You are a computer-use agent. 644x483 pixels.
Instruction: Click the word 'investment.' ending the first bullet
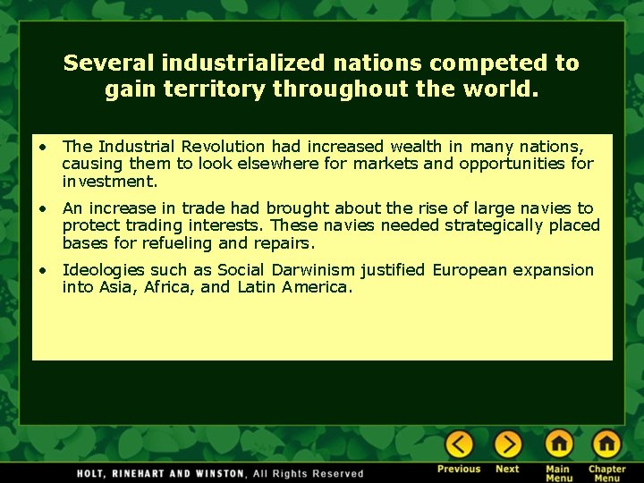110,181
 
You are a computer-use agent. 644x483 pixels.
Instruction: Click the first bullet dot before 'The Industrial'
42,147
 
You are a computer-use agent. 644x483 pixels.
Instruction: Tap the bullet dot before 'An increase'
42,208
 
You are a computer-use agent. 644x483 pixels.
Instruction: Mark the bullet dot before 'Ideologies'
42,270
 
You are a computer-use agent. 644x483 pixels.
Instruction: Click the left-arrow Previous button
459,445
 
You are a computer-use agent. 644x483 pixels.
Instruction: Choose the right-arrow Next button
507,445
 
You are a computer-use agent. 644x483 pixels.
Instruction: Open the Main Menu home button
559,445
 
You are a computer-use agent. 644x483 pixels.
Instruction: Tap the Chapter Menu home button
606,445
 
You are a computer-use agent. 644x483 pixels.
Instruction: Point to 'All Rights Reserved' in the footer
308,473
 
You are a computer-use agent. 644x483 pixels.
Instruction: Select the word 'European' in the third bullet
470,270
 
